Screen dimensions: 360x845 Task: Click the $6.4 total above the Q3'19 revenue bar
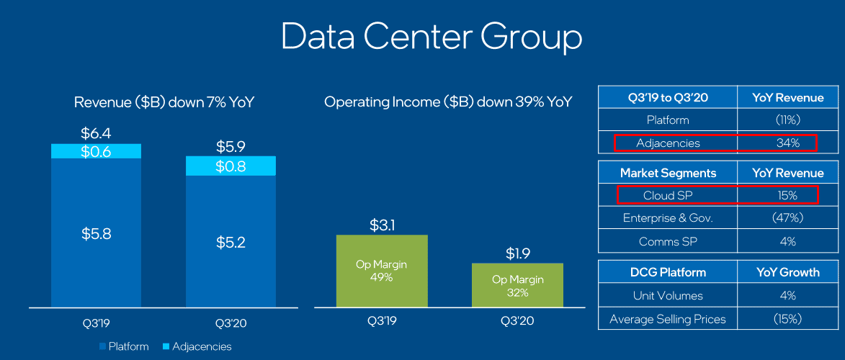(x=96, y=134)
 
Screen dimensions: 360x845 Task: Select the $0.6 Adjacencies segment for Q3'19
(x=96, y=151)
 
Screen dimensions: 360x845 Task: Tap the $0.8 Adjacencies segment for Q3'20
(x=231, y=166)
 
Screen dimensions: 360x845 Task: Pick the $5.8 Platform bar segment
(x=96, y=234)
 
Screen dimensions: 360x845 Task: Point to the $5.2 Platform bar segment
(x=231, y=243)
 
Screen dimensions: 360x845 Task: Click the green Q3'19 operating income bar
(x=382, y=270)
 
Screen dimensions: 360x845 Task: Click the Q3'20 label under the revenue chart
(x=231, y=323)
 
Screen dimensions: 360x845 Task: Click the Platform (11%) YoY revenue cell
(x=787, y=120)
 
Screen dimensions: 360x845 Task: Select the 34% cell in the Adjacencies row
(x=787, y=143)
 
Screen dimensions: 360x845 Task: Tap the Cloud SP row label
(x=668, y=195)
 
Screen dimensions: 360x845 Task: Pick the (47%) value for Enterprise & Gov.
(x=787, y=218)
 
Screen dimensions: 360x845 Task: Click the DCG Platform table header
(x=668, y=272)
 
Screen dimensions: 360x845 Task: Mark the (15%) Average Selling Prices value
(x=787, y=318)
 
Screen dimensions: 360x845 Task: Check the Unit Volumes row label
(x=668, y=295)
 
